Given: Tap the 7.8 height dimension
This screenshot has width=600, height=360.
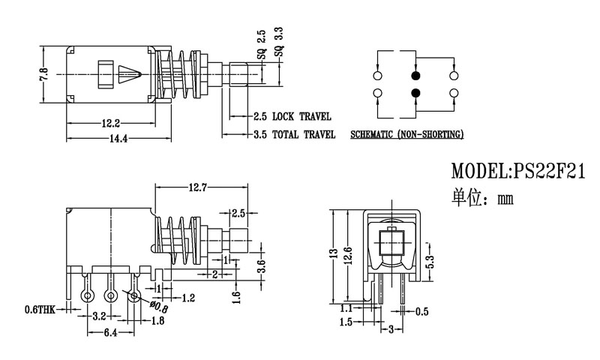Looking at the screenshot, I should [x=44, y=75].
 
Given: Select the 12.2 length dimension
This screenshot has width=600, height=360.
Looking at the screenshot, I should [x=111, y=122].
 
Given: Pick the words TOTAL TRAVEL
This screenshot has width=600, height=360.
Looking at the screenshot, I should [x=304, y=135].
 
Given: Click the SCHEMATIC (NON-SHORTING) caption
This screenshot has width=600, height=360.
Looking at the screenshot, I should [x=406, y=135].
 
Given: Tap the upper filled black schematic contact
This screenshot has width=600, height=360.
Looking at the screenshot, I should [x=415, y=76].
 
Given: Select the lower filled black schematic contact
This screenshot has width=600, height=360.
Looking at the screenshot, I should [x=415, y=93].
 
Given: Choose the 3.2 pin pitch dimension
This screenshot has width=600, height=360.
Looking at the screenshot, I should [x=99, y=317].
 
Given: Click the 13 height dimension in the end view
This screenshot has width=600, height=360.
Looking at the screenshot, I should [x=334, y=254].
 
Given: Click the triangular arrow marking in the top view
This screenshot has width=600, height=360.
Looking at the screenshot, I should [x=128, y=75].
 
